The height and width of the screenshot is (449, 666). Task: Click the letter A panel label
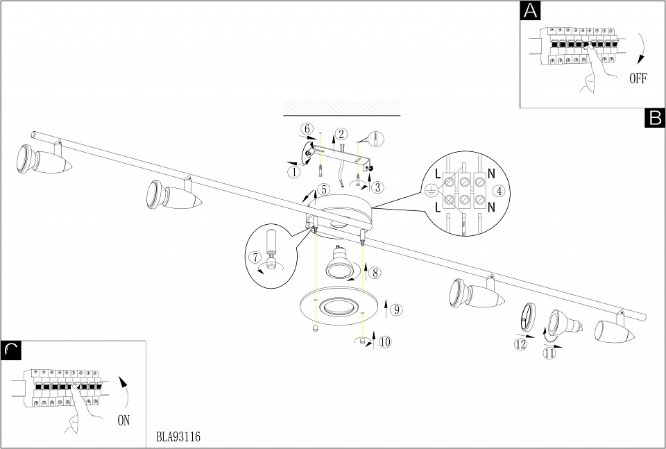530,10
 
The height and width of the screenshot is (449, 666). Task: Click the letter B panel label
655,118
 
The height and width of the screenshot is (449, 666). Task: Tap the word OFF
638,78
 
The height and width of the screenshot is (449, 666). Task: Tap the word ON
123,421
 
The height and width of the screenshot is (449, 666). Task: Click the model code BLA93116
178,437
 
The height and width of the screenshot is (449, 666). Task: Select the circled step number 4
499,191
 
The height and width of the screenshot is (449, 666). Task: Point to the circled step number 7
255,257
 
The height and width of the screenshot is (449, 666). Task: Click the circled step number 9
396,310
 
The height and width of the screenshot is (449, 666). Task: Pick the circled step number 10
385,341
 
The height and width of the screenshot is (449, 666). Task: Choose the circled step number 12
520,344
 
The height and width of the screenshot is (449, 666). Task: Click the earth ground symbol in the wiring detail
430,191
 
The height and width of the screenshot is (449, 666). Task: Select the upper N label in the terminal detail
491,173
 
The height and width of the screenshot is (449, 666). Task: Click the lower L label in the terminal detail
438,207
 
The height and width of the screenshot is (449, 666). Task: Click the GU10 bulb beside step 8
339,262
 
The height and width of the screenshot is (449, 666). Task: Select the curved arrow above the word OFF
642,48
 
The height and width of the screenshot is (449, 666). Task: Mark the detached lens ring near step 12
527,317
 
